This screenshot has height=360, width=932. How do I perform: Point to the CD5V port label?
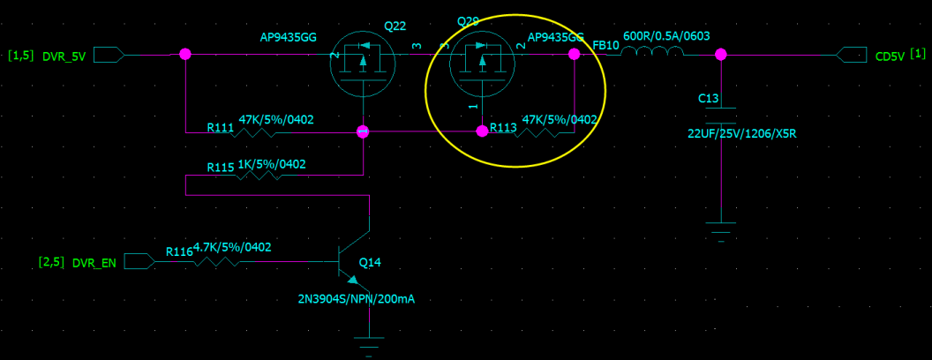click(889, 56)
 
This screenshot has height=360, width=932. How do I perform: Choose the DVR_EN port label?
click(94, 262)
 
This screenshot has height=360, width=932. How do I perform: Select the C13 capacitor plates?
click(721, 116)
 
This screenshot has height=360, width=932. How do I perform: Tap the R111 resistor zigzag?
click(264, 132)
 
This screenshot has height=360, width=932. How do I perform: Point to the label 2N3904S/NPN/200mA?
click(357, 299)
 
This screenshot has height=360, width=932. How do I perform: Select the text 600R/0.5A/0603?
click(666, 36)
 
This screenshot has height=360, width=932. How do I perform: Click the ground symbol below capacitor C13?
click(721, 231)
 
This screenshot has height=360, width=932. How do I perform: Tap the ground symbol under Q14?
click(368, 342)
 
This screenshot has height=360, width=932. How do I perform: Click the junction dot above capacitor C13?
click(721, 55)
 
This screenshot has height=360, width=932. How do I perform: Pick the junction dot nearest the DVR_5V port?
click(185, 55)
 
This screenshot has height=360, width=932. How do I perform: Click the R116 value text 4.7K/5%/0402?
click(232, 247)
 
